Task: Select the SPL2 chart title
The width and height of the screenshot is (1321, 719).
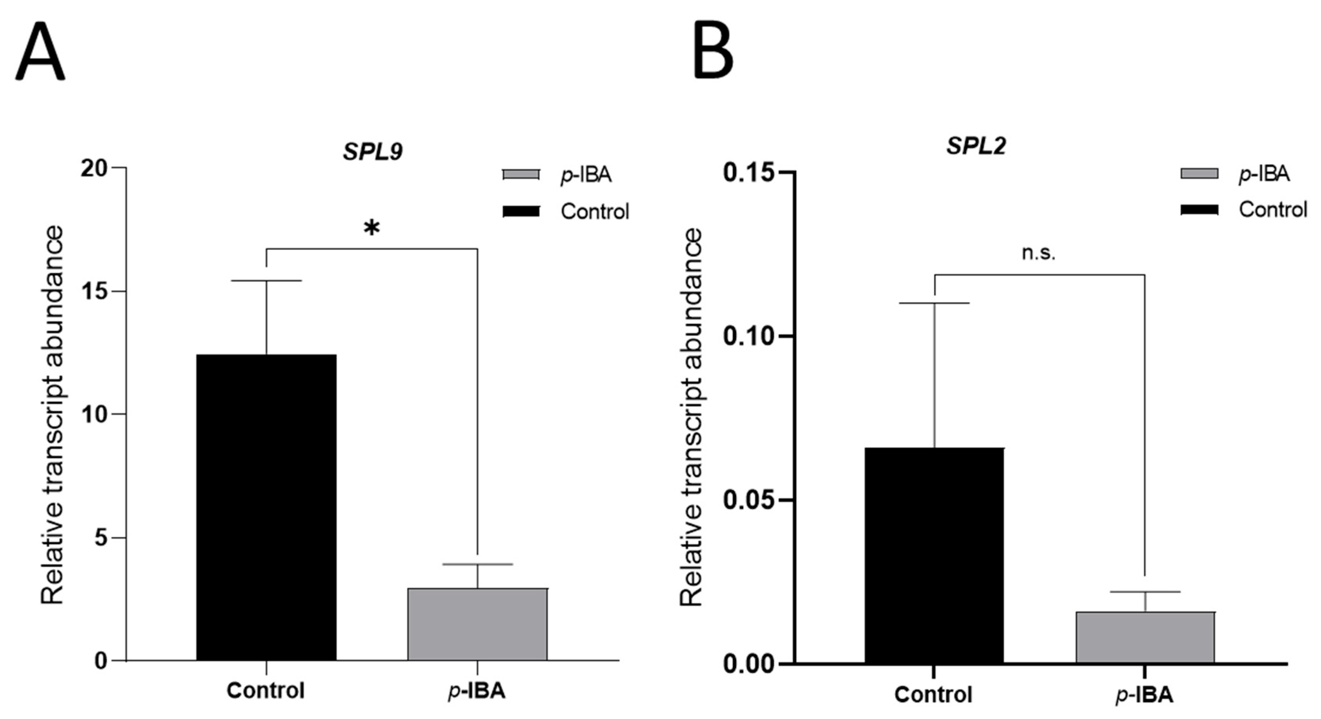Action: click(976, 146)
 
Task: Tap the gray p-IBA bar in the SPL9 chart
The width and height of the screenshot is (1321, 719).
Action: click(477, 624)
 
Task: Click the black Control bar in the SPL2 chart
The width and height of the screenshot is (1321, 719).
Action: click(934, 555)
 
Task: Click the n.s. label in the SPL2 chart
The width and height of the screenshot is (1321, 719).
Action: click(1039, 253)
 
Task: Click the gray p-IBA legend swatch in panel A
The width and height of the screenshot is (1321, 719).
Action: click(521, 175)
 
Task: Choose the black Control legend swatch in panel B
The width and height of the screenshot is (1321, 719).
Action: click(1199, 209)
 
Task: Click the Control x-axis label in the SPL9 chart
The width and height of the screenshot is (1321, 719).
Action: click(266, 691)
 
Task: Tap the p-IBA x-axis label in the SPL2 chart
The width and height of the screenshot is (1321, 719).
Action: click(1144, 694)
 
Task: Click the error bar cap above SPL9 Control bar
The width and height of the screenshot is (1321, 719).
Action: click(266, 281)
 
